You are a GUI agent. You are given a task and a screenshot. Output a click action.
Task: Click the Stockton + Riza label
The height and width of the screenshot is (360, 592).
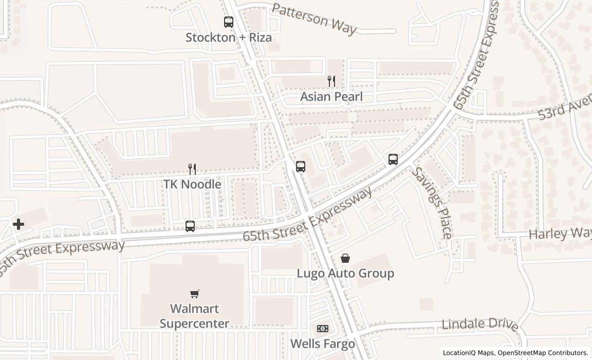click(x=229, y=38)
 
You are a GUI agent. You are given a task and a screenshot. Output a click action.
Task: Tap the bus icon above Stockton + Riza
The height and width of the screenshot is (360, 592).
click(x=229, y=22)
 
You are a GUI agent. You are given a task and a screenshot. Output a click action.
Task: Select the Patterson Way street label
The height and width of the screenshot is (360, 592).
click(x=314, y=19)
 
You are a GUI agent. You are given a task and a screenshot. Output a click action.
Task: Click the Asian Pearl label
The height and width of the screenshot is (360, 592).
click(x=331, y=97)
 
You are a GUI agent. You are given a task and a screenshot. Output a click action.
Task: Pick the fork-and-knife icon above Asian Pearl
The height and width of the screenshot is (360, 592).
click(x=331, y=81)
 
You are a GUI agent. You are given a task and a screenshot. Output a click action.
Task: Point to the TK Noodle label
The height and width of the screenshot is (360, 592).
click(x=192, y=184)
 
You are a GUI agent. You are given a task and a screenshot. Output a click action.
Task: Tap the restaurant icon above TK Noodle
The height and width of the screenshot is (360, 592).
click(x=192, y=169)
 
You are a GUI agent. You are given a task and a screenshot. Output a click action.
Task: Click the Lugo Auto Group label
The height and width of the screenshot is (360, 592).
click(x=345, y=273)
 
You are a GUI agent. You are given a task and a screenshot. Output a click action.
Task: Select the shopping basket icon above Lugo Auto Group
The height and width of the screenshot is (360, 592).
click(x=345, y=258)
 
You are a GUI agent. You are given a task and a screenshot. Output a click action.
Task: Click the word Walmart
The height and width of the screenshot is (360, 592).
click(x=194, y=309)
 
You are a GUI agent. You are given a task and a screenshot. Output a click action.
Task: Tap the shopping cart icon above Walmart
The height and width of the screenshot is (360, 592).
click(x=194, y=294)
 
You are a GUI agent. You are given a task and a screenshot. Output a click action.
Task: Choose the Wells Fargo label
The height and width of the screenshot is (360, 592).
click(x=323, y=344)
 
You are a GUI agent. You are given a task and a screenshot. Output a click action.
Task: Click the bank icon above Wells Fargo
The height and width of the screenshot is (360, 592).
click(x=323, y=329)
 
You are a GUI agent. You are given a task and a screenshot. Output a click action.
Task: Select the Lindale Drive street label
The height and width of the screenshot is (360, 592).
click(x=480, y=325)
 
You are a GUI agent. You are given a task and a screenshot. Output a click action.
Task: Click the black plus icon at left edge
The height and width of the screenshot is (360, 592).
click(x=18, y=224)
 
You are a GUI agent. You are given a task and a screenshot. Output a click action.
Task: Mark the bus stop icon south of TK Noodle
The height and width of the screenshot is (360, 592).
click(x=190, y=226)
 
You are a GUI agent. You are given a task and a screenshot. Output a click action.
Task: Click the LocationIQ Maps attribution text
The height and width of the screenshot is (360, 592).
click(x=468, y=353)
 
